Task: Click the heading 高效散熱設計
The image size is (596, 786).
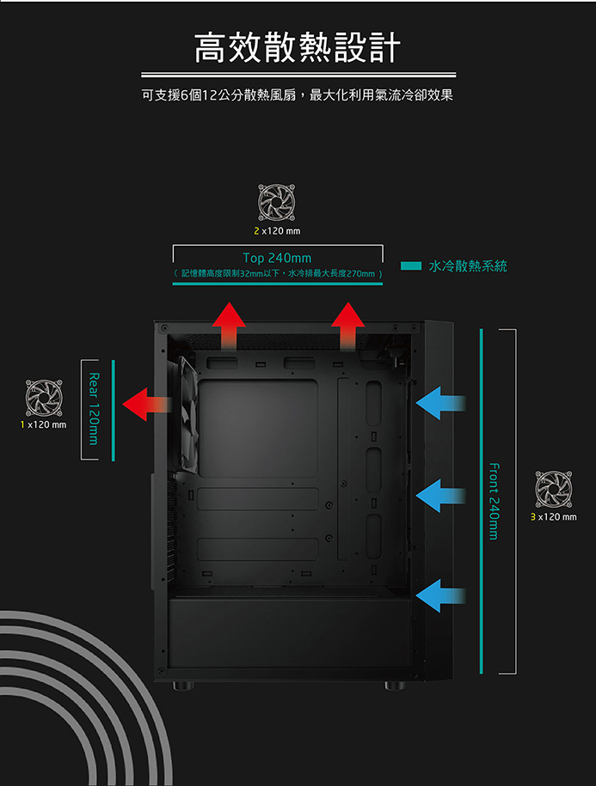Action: point(298,47)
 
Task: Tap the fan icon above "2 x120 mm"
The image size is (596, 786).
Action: point(276,203)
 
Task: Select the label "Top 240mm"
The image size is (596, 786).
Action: point(277,259)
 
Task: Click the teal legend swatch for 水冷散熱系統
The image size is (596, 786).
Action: point(411,265)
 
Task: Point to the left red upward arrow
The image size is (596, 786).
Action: point(229,326)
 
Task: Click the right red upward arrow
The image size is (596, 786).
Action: point(347,326)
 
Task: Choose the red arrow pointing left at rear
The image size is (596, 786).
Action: point(147,404)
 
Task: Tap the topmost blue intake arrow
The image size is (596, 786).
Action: point(440,403)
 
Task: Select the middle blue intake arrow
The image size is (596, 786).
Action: point(440,496)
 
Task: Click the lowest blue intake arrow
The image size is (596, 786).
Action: point(440,595)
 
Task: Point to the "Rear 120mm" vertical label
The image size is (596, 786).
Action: point(93,409)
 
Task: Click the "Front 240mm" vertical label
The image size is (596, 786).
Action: point(494,501)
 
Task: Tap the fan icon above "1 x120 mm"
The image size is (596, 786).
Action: point(44,398)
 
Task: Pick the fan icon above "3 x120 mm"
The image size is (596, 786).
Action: point(553,490)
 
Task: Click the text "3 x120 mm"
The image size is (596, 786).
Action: point(553,517)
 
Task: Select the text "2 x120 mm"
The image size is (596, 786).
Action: point(277,230)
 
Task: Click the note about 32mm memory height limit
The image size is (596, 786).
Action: point(278,274)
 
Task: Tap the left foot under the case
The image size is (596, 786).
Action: point(183,685)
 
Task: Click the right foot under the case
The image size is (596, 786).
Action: point(395,685)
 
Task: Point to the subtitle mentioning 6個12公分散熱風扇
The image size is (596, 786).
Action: point(298,94)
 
